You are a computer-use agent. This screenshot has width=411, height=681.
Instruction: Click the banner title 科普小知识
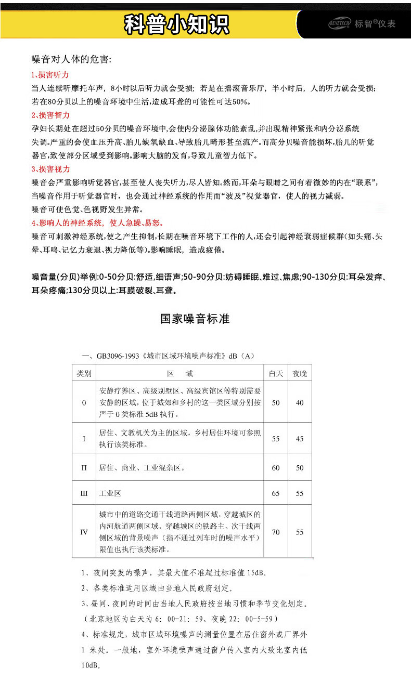(x=176, y=24)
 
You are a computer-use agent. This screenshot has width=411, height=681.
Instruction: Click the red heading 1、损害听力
(x=50, y=74)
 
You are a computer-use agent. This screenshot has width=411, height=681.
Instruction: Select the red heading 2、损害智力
(x=50, y=115)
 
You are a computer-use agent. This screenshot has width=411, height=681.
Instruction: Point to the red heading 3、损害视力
(x=50, y=169)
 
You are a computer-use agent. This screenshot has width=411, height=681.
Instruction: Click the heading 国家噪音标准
(x=195, y=319)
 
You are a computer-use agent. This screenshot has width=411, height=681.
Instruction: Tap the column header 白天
(x=276, y=374)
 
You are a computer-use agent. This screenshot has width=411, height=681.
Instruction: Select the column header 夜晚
(x=300, y=374)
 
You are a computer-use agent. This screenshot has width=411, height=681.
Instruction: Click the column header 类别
(x=84, y=374)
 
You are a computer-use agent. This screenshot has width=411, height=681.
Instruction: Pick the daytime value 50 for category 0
(x=276, y=403)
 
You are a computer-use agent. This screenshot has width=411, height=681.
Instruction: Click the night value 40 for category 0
(x=300, y=403)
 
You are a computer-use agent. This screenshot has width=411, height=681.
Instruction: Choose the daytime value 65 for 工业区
(x=276, y=493)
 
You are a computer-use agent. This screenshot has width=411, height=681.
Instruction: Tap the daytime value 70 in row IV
(x=276, y=532)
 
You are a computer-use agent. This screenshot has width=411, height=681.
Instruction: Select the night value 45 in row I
(x=300, y=439)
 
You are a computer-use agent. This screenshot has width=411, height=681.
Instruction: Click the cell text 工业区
(x=110, y=493)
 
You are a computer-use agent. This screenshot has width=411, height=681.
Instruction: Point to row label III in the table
(x=84, y=493)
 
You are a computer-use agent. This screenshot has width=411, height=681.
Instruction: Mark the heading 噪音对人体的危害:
(x=71, y=59)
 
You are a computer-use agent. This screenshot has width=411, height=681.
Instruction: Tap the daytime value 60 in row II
(x=276, y=468)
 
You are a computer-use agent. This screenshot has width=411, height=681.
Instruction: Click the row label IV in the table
(x=84, y=532)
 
